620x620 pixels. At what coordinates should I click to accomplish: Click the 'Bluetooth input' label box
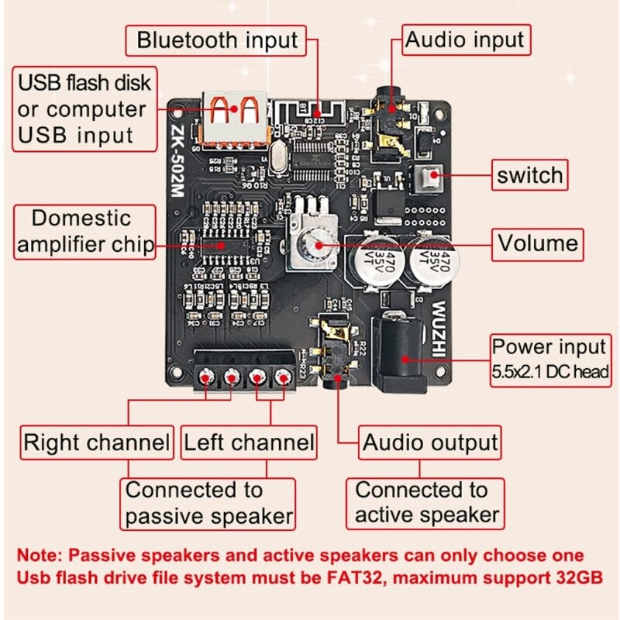click(217, 40)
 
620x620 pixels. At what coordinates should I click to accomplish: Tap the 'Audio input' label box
click(465, 39)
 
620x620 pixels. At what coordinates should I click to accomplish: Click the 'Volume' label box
click(537, 243)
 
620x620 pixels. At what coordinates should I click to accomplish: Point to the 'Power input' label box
click(550, 358)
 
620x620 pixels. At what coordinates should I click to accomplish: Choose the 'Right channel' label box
click(97, 443)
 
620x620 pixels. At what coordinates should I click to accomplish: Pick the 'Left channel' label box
click(249, 443)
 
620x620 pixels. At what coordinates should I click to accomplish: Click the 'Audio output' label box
click(430, 443)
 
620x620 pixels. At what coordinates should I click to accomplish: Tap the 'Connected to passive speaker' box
click(208, 503)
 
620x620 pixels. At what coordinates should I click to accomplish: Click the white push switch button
click(425, 181)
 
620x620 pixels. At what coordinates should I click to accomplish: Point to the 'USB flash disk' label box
click(83, 108)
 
